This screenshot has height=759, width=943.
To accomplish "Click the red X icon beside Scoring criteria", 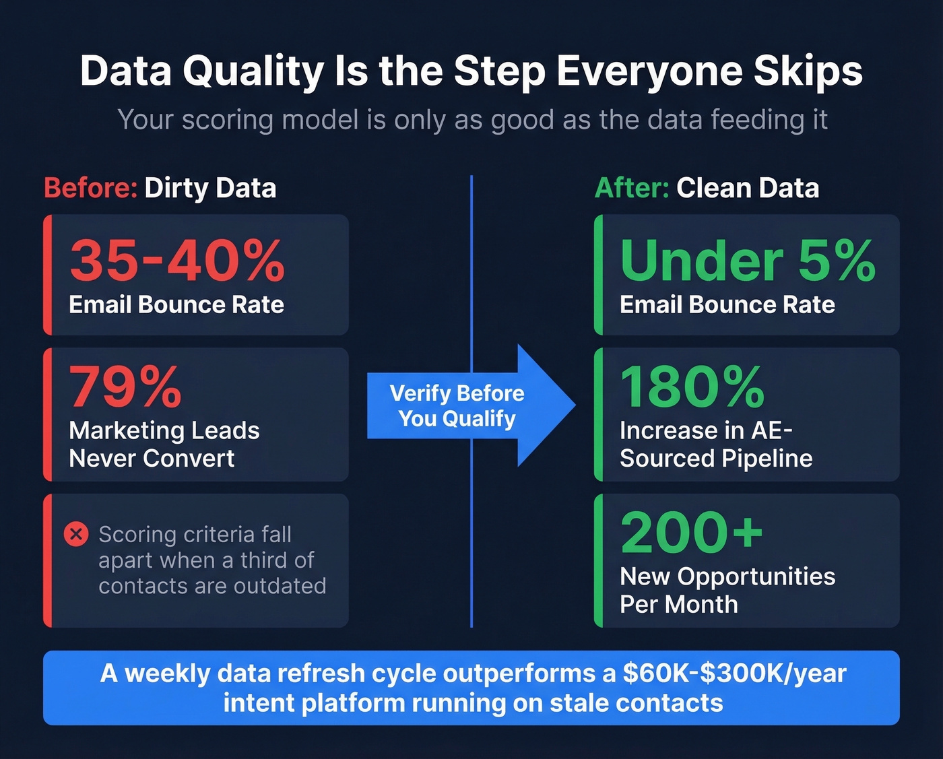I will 76,535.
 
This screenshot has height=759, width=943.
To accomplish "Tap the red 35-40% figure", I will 177,261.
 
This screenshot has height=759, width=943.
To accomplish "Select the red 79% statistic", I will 125,387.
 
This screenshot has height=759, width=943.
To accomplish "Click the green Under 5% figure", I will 748,261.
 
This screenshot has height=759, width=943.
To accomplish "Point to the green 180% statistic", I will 692,387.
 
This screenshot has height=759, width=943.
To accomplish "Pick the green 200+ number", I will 691,532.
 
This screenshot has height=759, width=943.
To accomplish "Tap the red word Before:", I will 90,188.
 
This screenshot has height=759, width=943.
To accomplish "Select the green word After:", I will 631,188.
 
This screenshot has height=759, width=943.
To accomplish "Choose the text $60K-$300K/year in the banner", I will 734,673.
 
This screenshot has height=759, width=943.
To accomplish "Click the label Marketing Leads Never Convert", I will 164,444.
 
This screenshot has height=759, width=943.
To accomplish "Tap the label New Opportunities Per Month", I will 727,590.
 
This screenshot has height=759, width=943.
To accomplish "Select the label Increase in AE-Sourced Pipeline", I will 715,444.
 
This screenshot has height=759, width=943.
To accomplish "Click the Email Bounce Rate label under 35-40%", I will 176,305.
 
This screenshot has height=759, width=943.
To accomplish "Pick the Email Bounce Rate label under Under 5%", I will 727,305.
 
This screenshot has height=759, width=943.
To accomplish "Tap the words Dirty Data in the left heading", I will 210,188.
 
